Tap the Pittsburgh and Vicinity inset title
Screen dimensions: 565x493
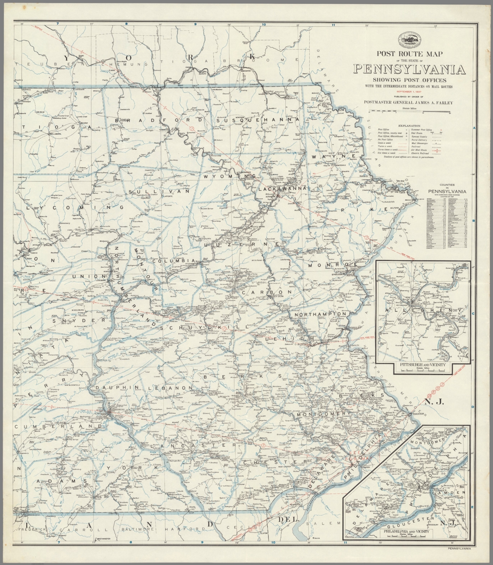click(x=422, y=364)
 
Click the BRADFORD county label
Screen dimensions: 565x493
click(x=159, y=120)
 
